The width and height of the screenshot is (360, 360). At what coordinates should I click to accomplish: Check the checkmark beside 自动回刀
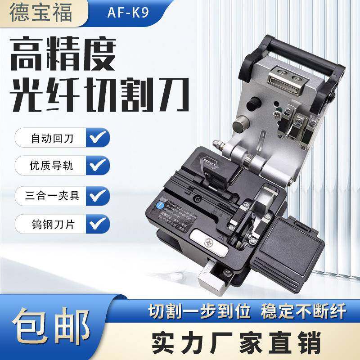pos(96,137)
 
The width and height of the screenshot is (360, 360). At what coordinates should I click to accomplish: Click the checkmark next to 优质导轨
pos(96,166)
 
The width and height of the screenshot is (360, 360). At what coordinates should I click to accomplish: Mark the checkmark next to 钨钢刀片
pos(96,223)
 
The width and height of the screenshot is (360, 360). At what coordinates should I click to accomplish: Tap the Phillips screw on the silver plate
pos(210,243)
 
